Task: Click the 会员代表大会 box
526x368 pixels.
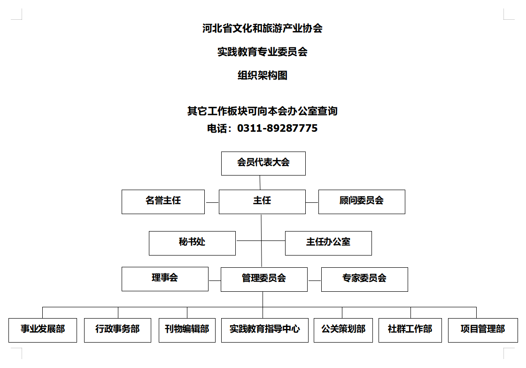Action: pos(263,163)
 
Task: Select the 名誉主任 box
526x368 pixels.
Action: pos(163,201)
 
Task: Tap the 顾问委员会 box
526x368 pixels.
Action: pos(362,201)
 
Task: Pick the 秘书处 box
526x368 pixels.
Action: pos(192,243)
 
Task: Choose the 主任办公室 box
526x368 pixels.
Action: pos(328,243)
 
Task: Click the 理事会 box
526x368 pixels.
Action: pos(165,279)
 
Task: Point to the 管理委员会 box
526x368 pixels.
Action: pos(264,279)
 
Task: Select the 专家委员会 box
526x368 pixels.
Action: pos(364,279)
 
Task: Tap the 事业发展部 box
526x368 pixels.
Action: pos(43,330)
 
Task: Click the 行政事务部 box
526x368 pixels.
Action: pos(118,330)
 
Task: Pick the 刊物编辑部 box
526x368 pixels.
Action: pos(187,330)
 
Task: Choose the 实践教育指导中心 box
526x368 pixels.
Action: pos(265,330)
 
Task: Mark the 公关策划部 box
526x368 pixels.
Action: pos(343,330)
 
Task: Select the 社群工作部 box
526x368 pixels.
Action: pos(410,330)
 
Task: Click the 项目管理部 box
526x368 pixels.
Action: pos(483,330)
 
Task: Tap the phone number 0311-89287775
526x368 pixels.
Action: pos(278,128)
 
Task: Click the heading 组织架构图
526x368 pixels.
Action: pos(263,75)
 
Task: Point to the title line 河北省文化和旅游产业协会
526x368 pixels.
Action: pos(263,28)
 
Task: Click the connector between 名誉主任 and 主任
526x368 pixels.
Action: pos(212,203)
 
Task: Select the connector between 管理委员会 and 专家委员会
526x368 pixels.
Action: pos(315,280)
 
